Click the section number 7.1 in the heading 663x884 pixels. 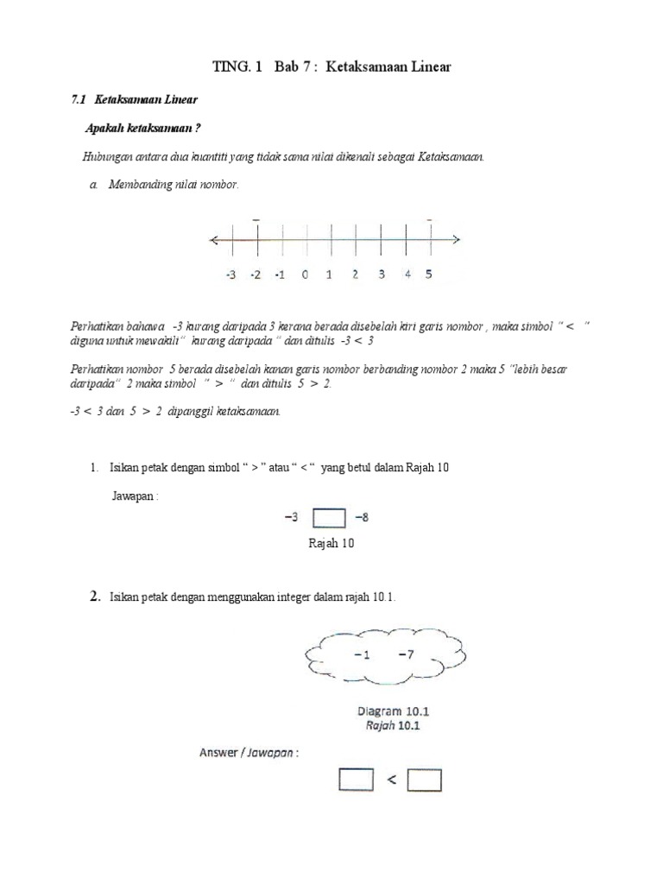click(79, 100)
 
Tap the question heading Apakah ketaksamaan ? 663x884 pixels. click(143, 129)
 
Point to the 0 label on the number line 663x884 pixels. click(304, 275)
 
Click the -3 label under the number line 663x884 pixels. click(230, 275)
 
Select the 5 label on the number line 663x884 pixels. click(429, 275)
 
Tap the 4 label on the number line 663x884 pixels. click(407, 275)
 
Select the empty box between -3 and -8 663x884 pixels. click(328, 518)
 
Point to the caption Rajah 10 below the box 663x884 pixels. click(331, 544)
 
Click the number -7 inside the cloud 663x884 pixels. click(406, 654)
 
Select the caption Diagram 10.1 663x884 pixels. click(394, 711)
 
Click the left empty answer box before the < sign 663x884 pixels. click(357, 780)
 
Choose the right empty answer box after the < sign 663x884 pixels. click(424, 780)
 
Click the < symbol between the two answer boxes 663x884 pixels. click(391, 780)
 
